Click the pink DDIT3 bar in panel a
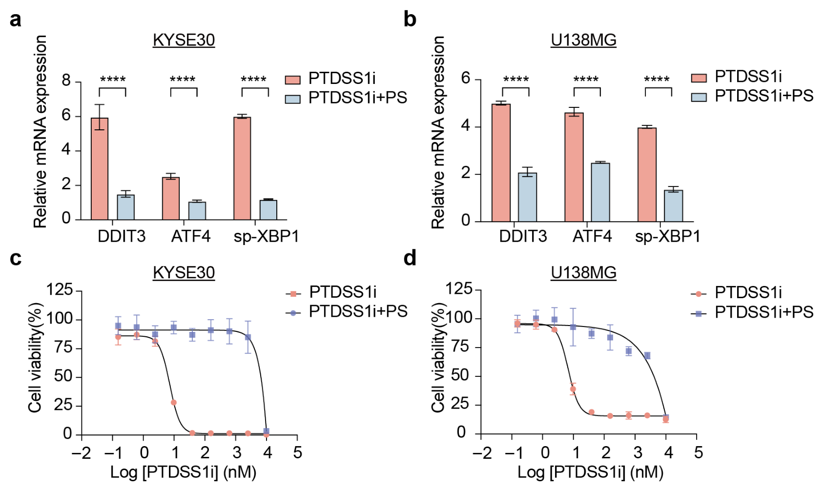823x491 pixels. tap(100, 169)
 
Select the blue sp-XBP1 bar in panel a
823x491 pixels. tap(268, 210)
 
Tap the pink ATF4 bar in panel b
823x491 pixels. tap(574, 167)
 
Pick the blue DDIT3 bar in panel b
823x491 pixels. tap(528, 197)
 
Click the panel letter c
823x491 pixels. tap(16, 258)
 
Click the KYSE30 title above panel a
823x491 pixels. tap(184, 40)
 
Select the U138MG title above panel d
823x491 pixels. tap(583, 272)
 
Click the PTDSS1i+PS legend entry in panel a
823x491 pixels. tap(347, 98)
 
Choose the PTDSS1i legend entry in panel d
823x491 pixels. tap(736, 293)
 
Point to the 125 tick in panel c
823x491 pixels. tap(59, 290)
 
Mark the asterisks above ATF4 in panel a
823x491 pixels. tap(183, 79)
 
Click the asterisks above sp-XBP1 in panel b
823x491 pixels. tap(657, 79)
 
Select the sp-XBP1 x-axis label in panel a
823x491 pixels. tap(267, 237)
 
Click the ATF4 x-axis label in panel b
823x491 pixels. tap(592, 237)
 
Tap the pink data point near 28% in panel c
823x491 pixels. tap(174, 403)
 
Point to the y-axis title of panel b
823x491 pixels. tap(438, 132)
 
